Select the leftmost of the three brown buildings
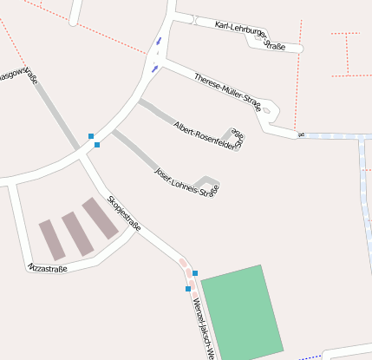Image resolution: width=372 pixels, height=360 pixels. [x=51, y=239]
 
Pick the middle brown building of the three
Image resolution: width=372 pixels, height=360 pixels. [x=77, y=233]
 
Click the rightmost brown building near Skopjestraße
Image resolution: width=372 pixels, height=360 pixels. [x=100, y=218]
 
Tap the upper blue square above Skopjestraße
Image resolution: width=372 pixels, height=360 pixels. [x=90, y=135]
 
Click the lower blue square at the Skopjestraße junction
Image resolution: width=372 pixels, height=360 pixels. [x=97, y=145]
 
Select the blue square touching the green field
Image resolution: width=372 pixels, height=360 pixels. [x=195, y=273]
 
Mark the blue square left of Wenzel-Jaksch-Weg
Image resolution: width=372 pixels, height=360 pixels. [x=187, y=289]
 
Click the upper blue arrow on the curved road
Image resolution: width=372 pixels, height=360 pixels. [x=158, y=41]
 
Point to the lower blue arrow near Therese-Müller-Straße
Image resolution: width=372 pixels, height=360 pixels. [x=154, y=68]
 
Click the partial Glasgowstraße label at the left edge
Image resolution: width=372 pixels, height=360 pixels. [x=19, y=76]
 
